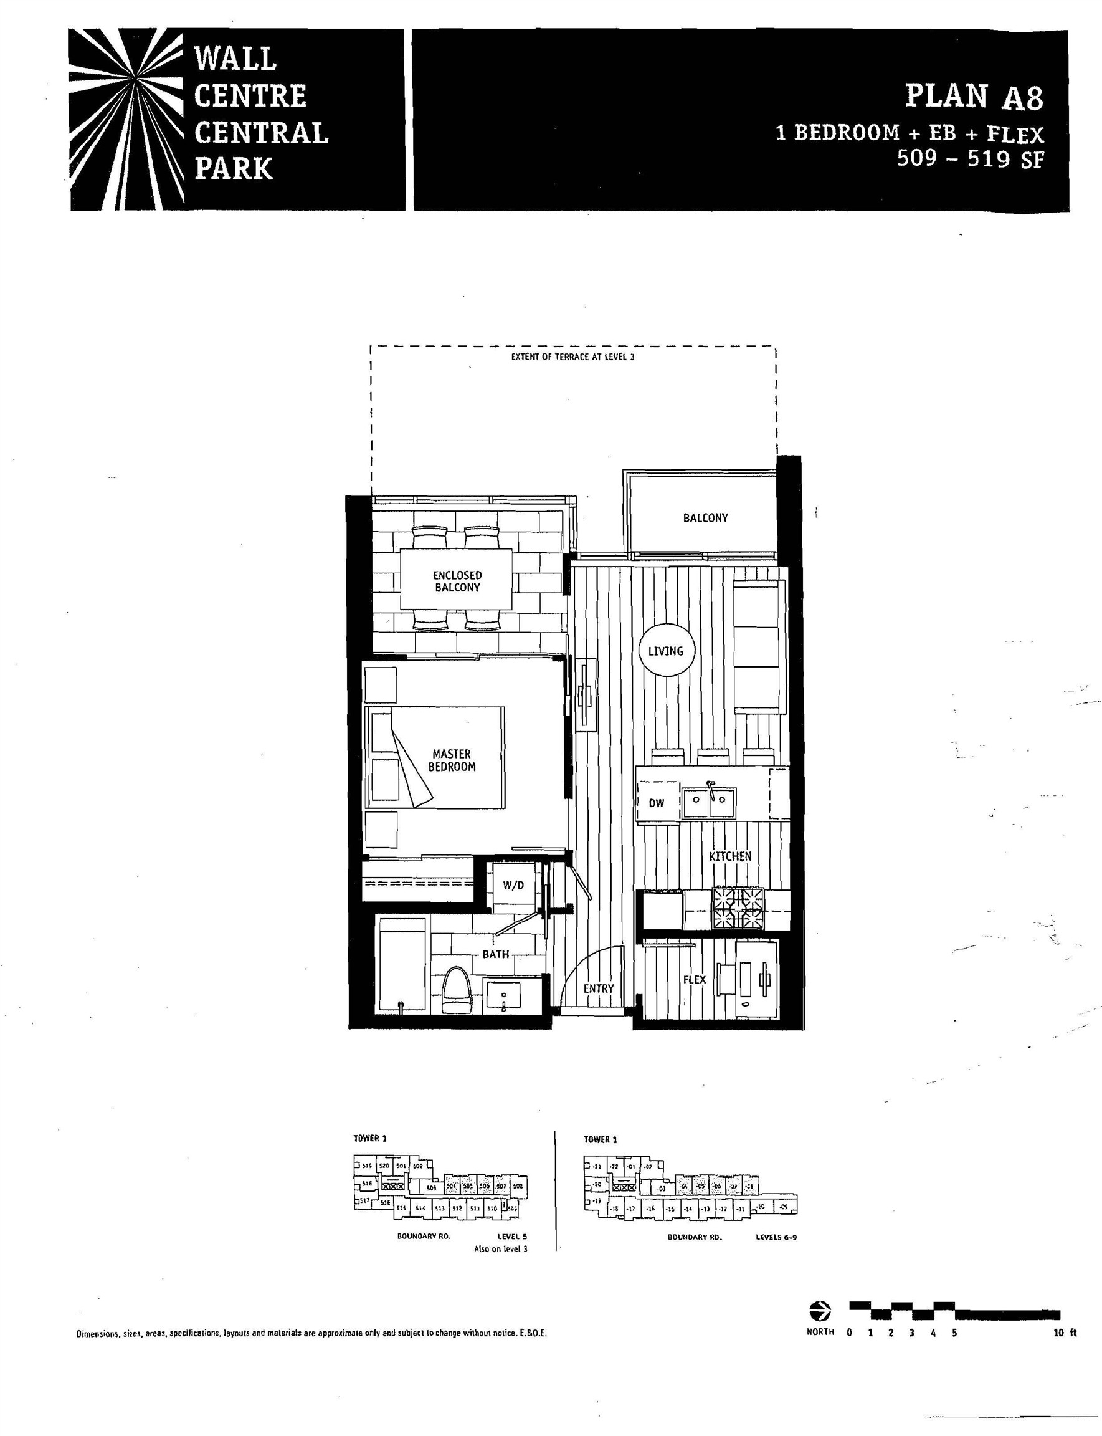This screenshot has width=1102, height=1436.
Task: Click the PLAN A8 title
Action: pos(974,97)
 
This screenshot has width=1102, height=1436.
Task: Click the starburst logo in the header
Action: pos(126,120)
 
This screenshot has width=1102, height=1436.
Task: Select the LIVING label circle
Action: pos(666,651)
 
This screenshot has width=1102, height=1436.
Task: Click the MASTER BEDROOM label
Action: pos(452,760)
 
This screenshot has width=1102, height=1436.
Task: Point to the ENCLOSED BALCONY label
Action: pos(457,582)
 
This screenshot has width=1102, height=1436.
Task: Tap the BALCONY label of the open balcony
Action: pos(705,518)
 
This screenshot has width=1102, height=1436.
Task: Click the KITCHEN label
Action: pos(730,856)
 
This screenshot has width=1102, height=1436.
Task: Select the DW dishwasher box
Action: pos(657,802)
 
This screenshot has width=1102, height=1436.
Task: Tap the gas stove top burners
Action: pos(739,907)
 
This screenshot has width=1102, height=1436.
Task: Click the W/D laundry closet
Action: pos(513,886)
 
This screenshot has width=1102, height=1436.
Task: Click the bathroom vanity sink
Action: pos(503,994)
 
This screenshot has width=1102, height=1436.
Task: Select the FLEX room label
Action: pos(694,979)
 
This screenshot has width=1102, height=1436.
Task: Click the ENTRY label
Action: pos(598,988)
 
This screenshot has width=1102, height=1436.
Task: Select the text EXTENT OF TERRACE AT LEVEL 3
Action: pos(572,357)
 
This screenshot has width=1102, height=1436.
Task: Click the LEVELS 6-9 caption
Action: pos(776,1237)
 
